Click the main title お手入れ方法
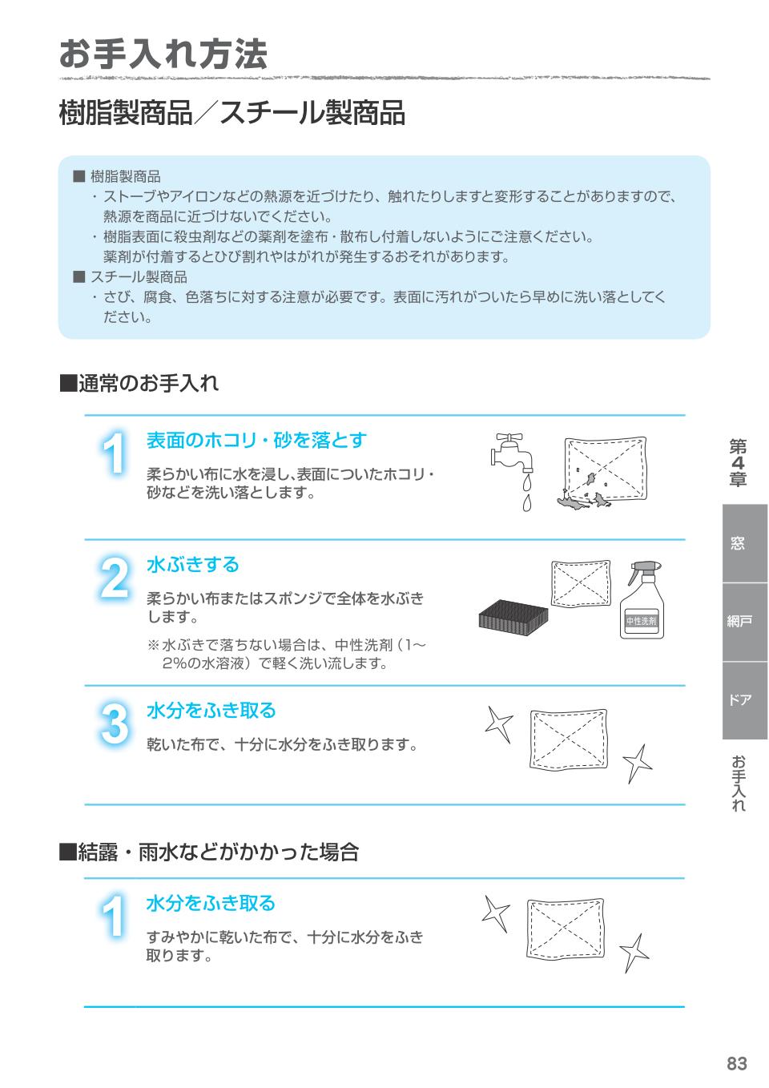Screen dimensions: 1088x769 (x=163, y=54)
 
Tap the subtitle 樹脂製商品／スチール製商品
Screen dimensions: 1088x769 (x=232, y=113)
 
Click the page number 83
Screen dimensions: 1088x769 (x=736, y=1063)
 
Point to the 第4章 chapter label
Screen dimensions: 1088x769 (x=738, y=463)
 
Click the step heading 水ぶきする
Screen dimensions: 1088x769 (x=193, y=565)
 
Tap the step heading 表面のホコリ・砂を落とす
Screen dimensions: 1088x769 (x=256, y=440)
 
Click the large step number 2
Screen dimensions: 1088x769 (x=115, y=578)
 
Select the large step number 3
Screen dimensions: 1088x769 (x=115, y=723)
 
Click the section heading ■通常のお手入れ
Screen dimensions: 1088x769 (x=139, y=384)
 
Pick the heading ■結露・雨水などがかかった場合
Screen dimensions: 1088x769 (x=209, y=852)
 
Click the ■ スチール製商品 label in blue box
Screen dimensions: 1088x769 (x=131, y=277)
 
